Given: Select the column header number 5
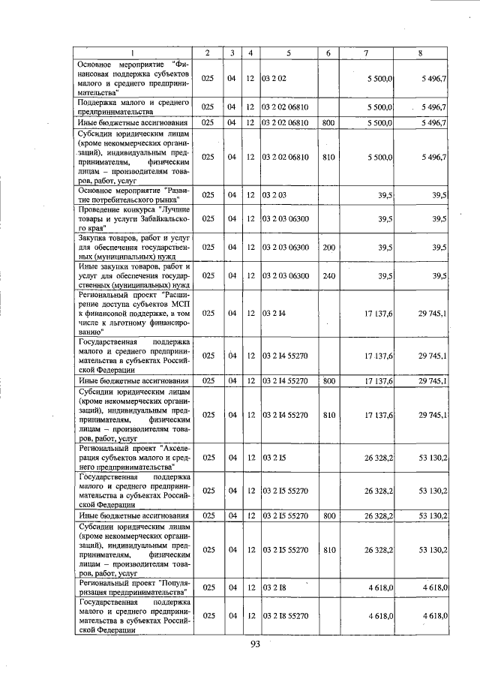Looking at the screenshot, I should (288, 53).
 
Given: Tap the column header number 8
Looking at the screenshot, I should (421, 53).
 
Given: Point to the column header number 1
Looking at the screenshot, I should (133, 53).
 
